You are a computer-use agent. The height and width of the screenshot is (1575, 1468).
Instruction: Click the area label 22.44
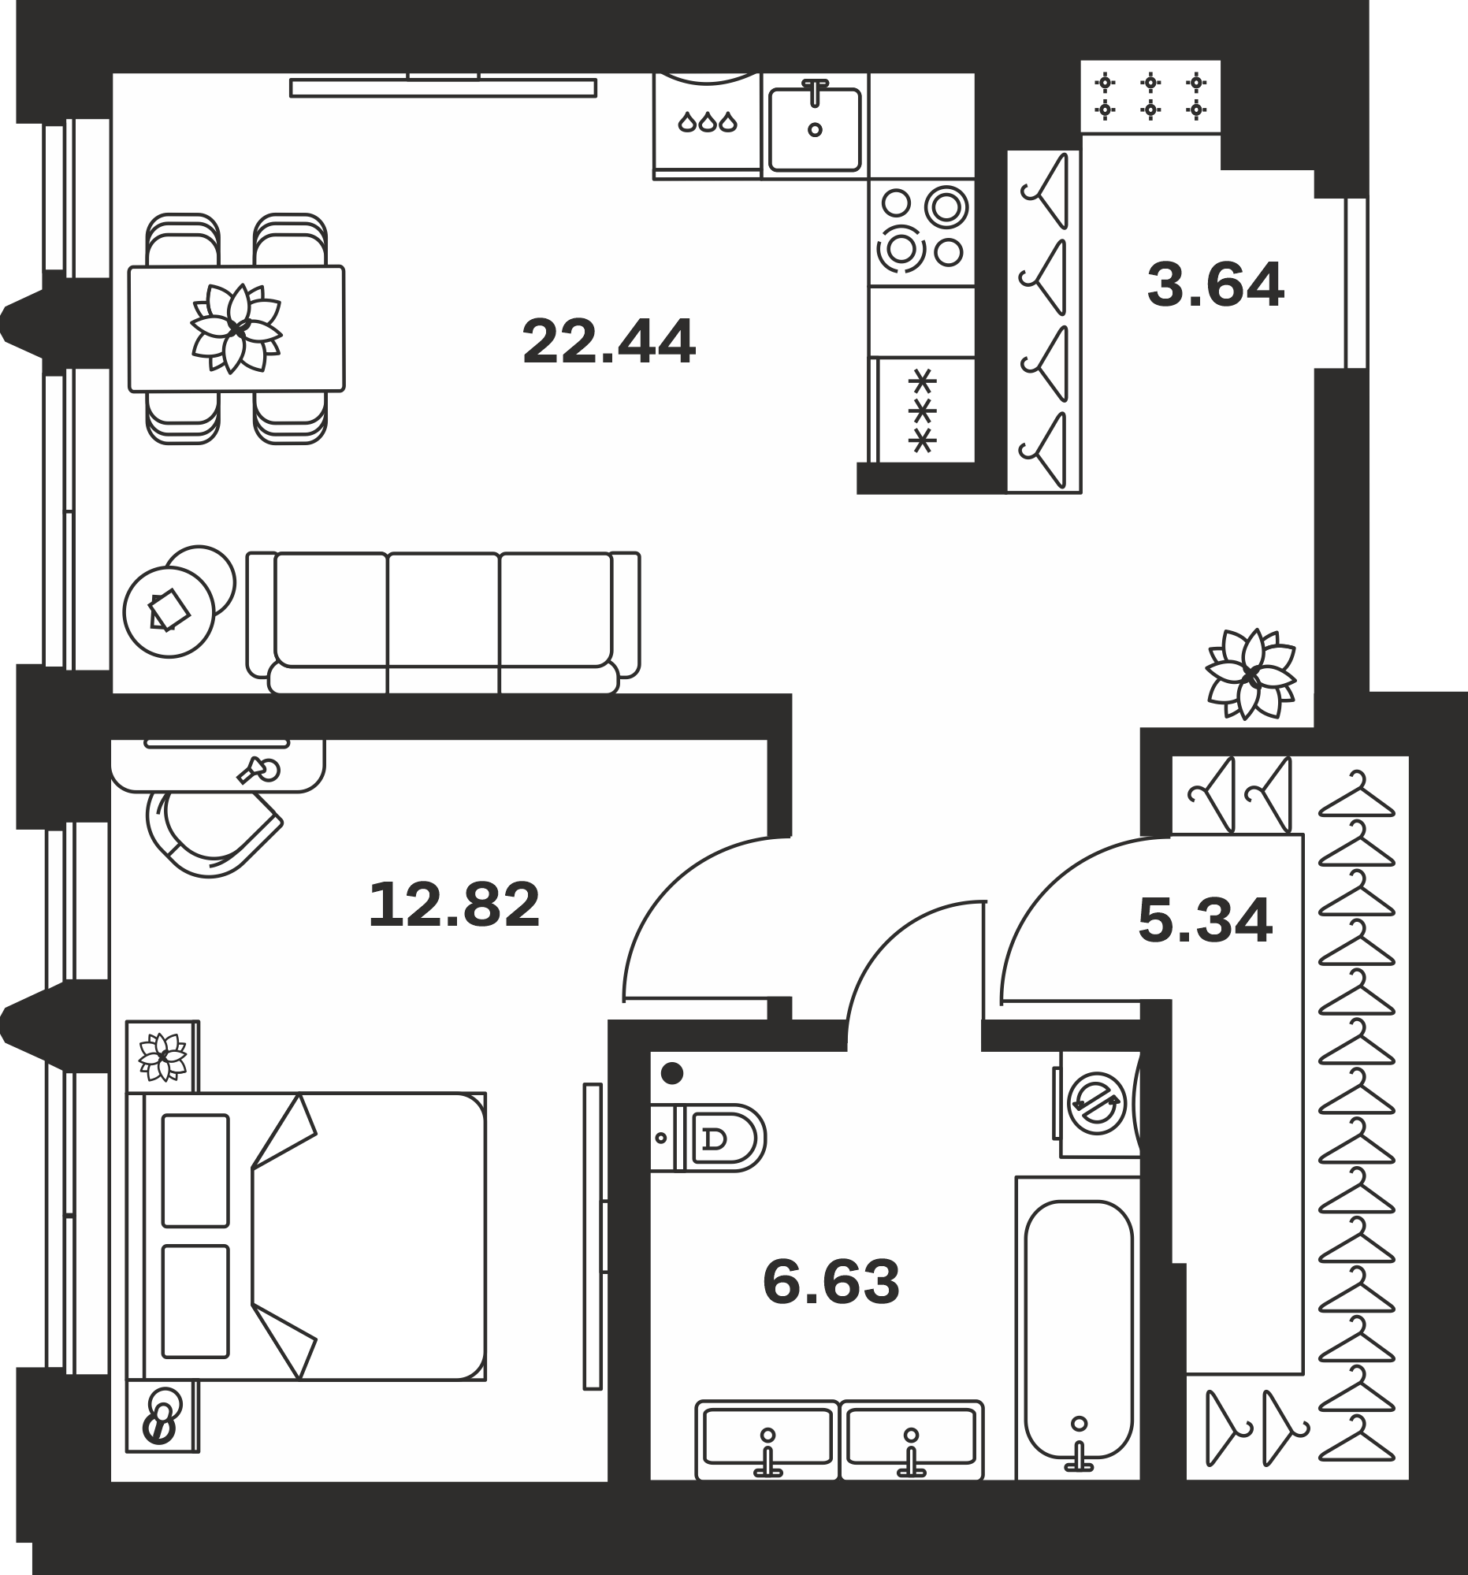pos(608,341)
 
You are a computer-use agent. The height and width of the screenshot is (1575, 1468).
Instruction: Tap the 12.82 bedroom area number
pos(454,905)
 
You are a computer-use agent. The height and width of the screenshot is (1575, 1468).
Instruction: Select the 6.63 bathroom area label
pos(831,1283)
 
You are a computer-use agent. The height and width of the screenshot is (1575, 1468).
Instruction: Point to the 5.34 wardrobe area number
pos(1205,920)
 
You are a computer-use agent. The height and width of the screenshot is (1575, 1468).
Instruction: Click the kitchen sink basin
pos(815,129)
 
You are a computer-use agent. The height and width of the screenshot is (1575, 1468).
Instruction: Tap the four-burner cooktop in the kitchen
pos(921,232)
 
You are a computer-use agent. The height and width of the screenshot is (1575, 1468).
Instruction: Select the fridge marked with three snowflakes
pos(922,410)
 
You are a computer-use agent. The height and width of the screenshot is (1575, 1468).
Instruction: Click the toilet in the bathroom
pos(708,1138)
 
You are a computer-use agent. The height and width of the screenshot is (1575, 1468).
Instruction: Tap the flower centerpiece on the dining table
pos(236,328)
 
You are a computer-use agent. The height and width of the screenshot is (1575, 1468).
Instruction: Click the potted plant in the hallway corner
pos(1251,674)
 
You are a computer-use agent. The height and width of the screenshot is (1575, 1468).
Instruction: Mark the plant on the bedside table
pos(162,1056)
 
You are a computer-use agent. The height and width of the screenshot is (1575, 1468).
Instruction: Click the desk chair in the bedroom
pos(212,834)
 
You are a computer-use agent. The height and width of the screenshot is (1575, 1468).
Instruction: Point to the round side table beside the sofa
pos(169,611)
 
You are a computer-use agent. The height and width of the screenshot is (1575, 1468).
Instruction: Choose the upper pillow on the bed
pos(195,1170)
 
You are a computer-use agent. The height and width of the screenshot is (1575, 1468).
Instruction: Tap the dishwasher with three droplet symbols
pos(707,124)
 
